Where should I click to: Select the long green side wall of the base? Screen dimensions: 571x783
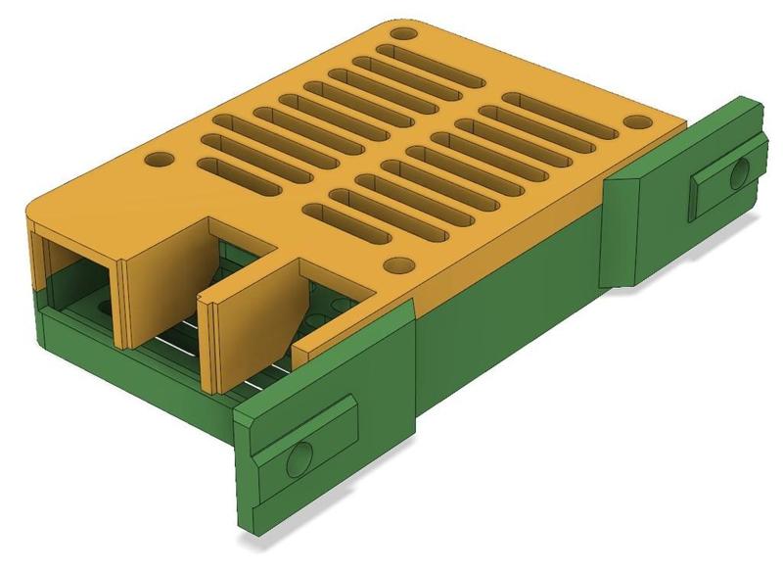509,323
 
